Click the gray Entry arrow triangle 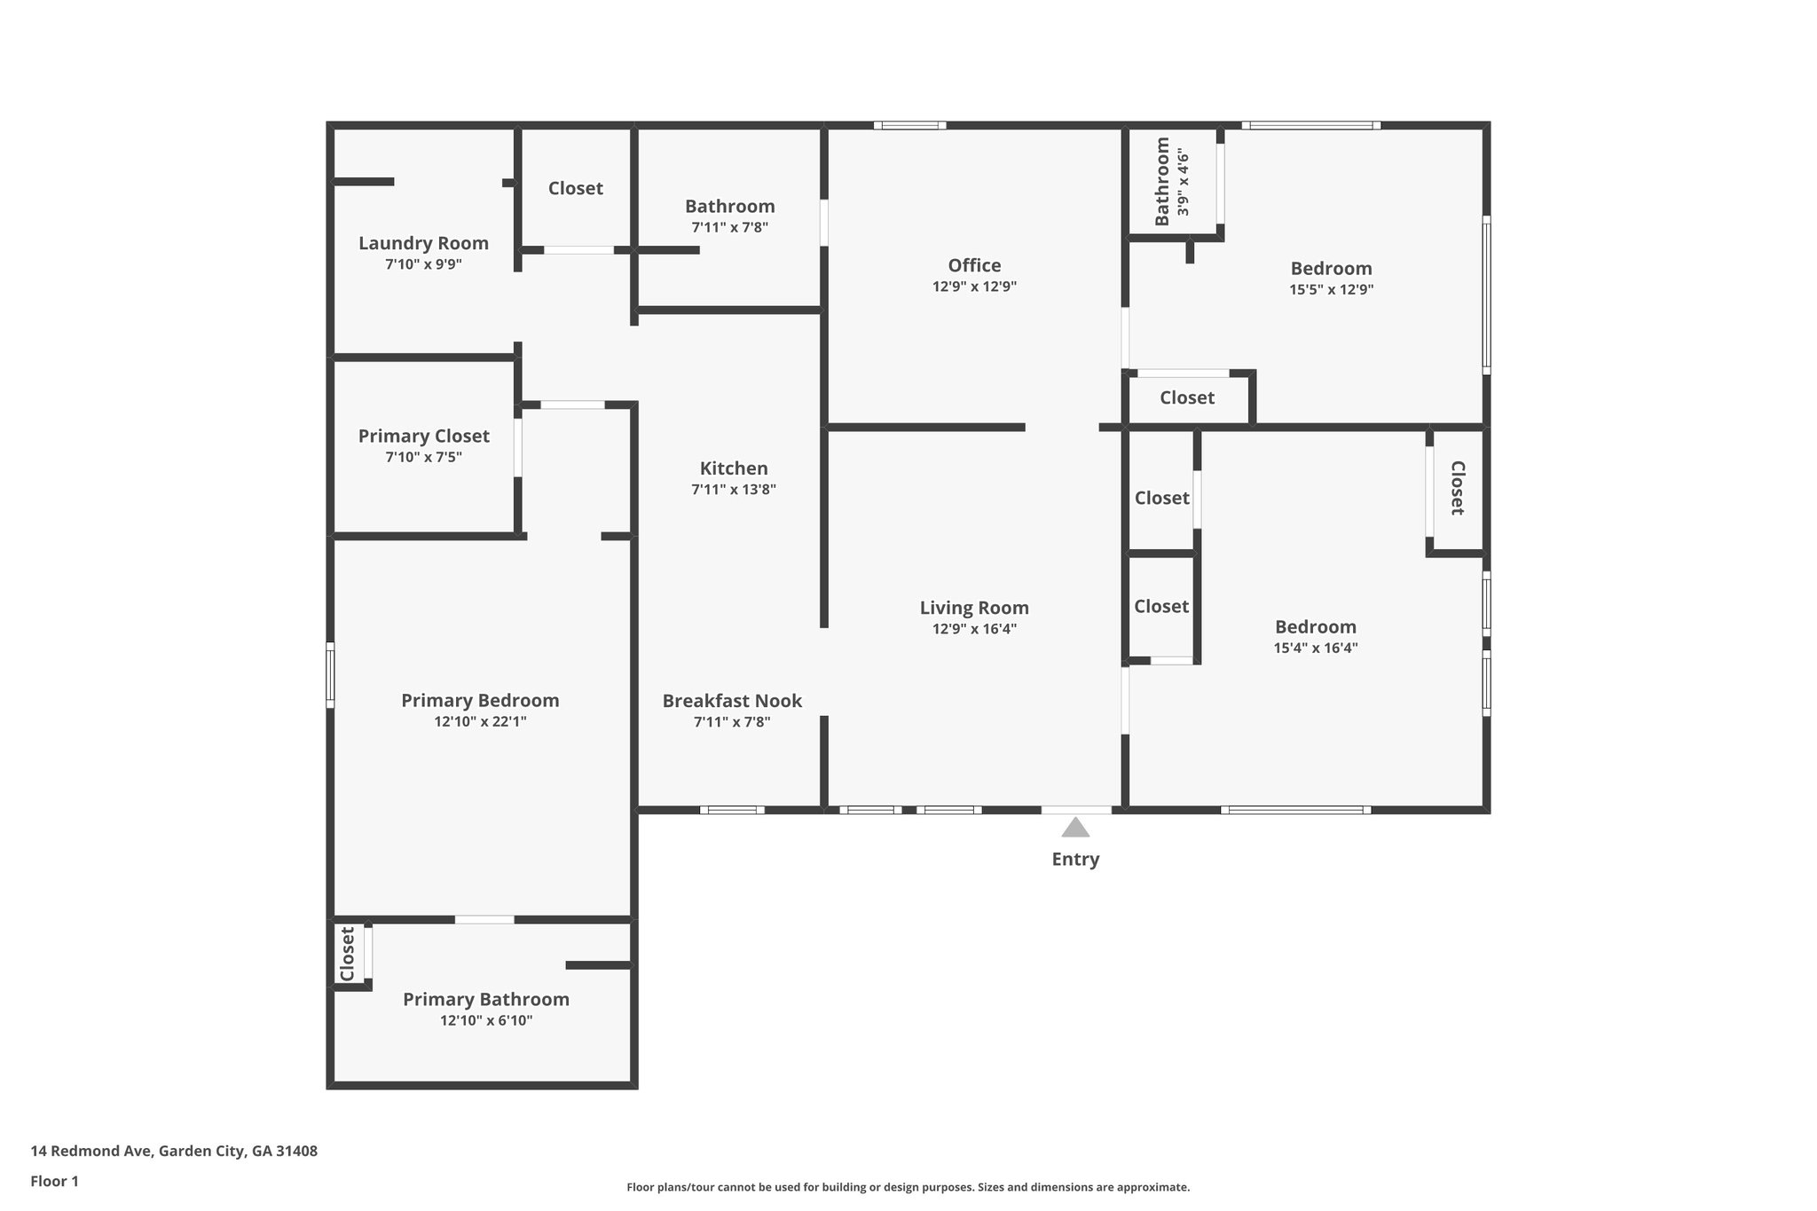click(1075, 828)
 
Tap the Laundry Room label click(423, 243)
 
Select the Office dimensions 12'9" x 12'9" click(974, 287)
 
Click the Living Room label click(974, 608)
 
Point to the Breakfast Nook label click(732, 701)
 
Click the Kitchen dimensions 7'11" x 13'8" click(734, 489)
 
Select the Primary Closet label click(423, 436)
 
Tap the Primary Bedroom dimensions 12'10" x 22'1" click(480, 721)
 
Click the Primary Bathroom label click(486, 999)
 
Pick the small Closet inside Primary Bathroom click(348, 954)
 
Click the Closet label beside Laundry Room click(575, 188)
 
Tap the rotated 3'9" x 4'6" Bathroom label click(1171, 182)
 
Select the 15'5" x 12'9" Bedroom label click(1331, 268)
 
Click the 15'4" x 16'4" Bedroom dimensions click(1316, 648)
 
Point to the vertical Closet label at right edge click(1457, 488)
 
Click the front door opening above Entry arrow click(1075, 809)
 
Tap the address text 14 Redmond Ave click(174, 1151)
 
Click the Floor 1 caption click(55, 1181)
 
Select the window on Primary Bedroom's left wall click(330, 674)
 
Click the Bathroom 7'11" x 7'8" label click(729, 206)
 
